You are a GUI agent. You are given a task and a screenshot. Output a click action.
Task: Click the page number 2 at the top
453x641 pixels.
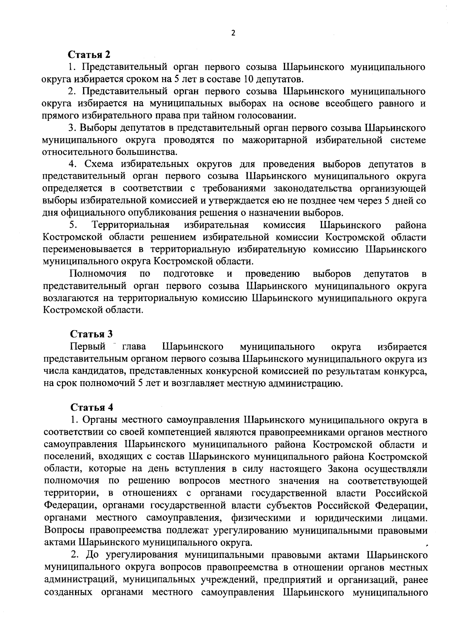pyautogui.click(x=233, y=33)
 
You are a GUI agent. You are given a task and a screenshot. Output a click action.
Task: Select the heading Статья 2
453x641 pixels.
pyautogui.click(x=89, y=55)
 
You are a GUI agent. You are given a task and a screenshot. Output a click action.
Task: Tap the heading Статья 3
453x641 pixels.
pyautogui.click(x=92, y=334)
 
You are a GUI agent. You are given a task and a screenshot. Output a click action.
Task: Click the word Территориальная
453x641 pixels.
pyautogui.click(x=130, y=225)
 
